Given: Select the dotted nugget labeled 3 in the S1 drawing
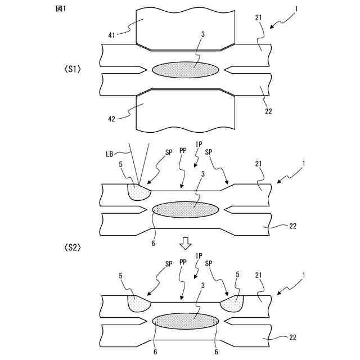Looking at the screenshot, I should [x=186, y=69].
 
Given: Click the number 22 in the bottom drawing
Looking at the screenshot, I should [x=293, y=338].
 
